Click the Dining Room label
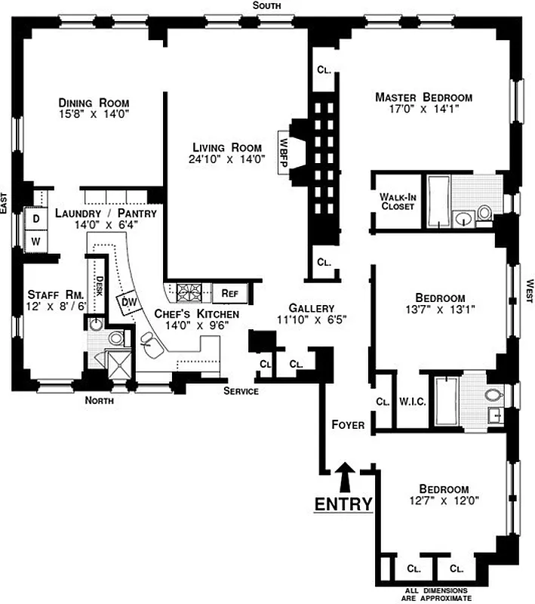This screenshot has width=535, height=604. click(x=94, y=103)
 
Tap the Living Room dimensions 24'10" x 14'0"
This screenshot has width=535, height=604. click(x=226, y=159)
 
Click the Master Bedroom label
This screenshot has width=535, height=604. click(x=423, y=97)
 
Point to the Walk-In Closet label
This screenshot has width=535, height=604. click(x=397, y=201)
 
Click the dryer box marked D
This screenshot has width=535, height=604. click(x=35, y=218)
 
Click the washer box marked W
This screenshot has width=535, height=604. click(x=35, y=241)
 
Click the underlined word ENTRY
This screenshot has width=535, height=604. click(x=343, y=504)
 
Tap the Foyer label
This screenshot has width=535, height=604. click(x=348, y=425)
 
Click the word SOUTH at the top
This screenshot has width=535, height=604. click(x=267, y=5)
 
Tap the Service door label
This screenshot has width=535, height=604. click(x=241, y=391)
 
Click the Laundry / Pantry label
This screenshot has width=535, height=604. click(x=106, y=214)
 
